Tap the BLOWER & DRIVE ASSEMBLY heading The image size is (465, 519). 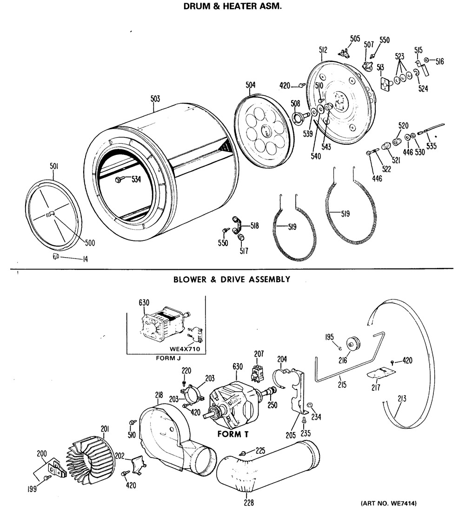point(232,279)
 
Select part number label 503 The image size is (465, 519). point(155,99)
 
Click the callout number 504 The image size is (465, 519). point(250,85)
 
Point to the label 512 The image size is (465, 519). point(323,50)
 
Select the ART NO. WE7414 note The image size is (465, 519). point(389,503)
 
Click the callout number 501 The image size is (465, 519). point(54,166)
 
